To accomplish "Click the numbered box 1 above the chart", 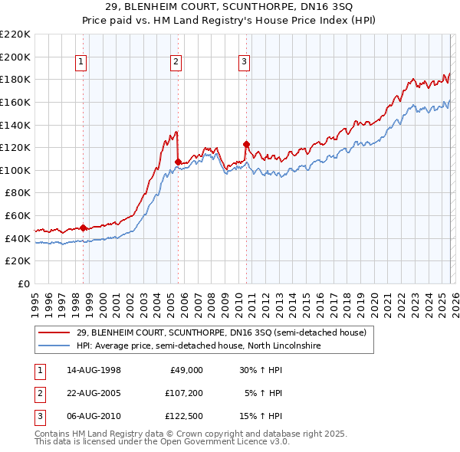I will click(x=80, y=63).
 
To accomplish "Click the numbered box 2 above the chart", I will click(x=176, y=63).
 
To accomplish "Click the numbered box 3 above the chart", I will click(x=244, y=63).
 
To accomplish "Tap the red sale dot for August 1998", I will click(x=83, y=228).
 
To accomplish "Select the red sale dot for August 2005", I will click(x=178, y=162).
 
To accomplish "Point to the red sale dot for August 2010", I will click(x=246, y=144).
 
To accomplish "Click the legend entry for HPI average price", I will click(x=198, y=346).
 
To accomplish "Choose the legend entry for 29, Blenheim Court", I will click(x=222, y=332).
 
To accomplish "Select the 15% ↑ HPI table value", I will click(x=261, y=418).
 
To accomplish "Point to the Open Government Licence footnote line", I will click(x=162, y=442).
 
